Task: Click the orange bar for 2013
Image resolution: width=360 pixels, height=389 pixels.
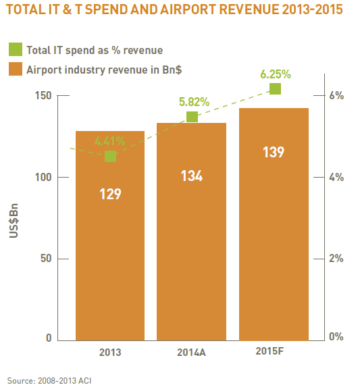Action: point(110,236)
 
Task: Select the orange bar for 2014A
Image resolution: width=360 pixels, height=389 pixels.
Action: point(191,232)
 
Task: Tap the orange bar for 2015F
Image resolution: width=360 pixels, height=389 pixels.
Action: point(274,224)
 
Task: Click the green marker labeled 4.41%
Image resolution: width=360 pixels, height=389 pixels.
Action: point(110,156)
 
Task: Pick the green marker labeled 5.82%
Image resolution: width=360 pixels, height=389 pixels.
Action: point(192,117)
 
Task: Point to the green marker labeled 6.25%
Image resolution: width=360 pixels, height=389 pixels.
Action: point(275,89)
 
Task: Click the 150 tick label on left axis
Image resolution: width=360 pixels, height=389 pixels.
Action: point(43,95)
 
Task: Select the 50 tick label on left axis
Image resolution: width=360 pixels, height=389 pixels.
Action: point(46,259)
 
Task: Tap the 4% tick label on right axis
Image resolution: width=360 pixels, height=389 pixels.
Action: point(336,177)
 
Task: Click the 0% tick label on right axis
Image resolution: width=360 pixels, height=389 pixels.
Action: point(336,336)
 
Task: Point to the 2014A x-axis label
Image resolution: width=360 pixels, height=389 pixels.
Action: point(191,353)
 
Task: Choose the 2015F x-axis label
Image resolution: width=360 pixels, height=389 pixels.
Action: point(269,351)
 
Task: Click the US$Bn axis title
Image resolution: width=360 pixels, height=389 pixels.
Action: point(14,221)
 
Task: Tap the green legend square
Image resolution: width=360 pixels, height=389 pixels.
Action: point(16,49)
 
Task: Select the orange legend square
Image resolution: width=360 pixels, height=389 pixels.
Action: point(16,69)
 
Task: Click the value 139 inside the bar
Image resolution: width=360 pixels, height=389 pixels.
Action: point(274,152)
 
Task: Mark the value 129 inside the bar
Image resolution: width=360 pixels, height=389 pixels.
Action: point(110,194)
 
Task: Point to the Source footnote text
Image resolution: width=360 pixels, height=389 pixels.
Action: point(49,381)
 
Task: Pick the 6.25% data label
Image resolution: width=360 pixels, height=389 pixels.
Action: point(276,74)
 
